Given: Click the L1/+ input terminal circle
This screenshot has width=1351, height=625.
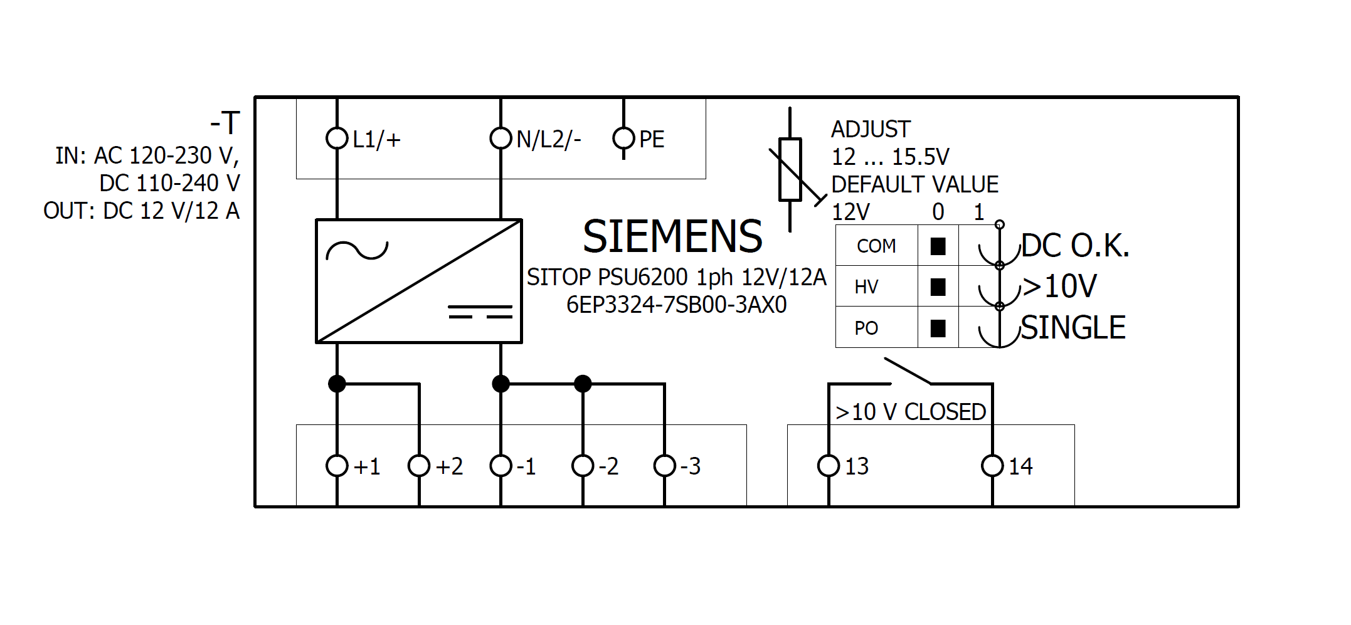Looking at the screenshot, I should click(x=337, y=138).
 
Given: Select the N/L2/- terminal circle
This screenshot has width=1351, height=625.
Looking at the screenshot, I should click(x=501, y=138).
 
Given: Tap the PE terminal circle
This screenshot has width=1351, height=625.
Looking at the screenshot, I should click(x=623, y=138).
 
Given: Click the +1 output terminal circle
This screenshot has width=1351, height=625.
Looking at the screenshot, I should click(x=337, y=466).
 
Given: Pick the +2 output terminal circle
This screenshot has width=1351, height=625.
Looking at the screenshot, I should click(x=419, y=466).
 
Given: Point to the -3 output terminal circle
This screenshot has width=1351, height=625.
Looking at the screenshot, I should click(x=664, y=466).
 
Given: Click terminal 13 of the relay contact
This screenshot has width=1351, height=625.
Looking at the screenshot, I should click(x=829, y=466).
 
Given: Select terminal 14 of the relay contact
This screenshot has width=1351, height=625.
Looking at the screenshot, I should click(x=992, y=466).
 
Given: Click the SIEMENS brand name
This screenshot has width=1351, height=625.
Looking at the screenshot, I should click(x=672, y=237).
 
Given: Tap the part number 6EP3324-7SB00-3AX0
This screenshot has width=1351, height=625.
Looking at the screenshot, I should click(x=676, y=305).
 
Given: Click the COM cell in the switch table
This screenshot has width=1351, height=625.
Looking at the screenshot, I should click(x=876, y=246).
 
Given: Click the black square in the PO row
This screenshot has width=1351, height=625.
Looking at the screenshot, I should click(x=938, y=328).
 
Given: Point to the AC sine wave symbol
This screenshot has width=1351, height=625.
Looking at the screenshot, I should click(x=357, y=251).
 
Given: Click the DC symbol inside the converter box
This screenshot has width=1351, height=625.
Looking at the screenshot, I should click(x=480, y=312).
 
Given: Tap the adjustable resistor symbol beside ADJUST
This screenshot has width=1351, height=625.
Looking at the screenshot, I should click(x=790, y=169).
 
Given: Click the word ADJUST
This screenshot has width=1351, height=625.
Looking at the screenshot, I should click(x=871, y=129).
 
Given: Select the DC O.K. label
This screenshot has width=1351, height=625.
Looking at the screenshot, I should click(x=1075, y=246).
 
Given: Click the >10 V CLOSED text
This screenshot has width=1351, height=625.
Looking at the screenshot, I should click(x=911, y=412).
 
